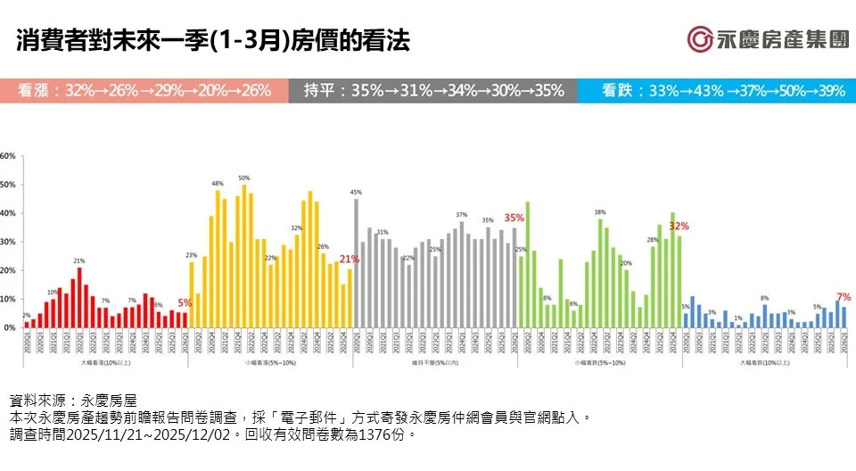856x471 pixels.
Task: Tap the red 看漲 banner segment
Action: (x=144, y=90)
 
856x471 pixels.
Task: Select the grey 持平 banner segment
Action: (x=432, y=90)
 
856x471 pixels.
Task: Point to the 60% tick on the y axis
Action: (x=8, y=156)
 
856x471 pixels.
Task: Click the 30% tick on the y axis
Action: (x=8, y=242)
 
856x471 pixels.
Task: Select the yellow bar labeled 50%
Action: (x=244, y=257)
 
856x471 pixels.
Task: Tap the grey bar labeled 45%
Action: (x=356, y=263)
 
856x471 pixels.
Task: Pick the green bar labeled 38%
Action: (x=600, y=273)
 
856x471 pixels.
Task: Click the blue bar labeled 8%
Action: (x=764, y=317)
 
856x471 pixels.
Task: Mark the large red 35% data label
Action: (x=514, y=218)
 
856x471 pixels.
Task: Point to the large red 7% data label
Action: (x=843, y=296)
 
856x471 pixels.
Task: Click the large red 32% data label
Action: (x=679, y=226)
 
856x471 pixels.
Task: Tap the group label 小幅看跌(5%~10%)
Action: (x=599, y=363)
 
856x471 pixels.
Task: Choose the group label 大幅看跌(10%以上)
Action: (x=764, y=363)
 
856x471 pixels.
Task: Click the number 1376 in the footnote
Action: (x=368, y=435)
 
